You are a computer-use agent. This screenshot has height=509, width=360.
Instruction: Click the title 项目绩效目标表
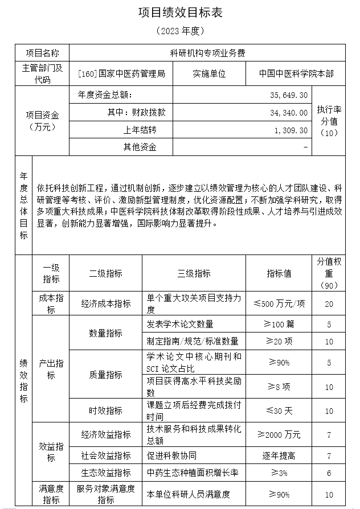pyautogui.click(x=179, y=12)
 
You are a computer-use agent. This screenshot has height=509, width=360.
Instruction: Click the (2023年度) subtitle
pyautogui.click(x=179, y=30)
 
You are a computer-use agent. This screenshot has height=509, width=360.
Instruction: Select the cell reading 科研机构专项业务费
pyautogui.click(x=207, y=54)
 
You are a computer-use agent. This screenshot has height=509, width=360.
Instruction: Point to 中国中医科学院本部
pyautogui.click(x=296, y=74)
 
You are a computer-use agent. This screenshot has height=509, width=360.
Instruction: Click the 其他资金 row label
pyautogui.click(x=140, y=147)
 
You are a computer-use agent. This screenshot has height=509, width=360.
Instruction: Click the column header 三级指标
pyautogui.click(x=194, y=274)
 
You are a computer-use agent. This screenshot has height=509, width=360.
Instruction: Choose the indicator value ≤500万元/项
pyautogui.click(x=279, y=303)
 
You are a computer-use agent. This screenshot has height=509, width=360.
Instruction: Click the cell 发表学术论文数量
pyautogui.click(x=180, y=324)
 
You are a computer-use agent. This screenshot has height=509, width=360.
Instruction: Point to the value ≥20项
pyautogui.click(x=279, y=341)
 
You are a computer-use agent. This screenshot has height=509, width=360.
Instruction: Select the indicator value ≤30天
pyautogui.click(x=279, y=410)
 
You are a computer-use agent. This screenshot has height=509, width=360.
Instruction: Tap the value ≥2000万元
pyautogui.click(x=279, y=434)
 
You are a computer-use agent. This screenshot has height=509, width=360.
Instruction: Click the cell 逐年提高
pyautogui.click(x=279, y=455)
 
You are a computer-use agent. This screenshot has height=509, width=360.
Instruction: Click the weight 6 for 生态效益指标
pyautogui.click(x=329, y=473)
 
